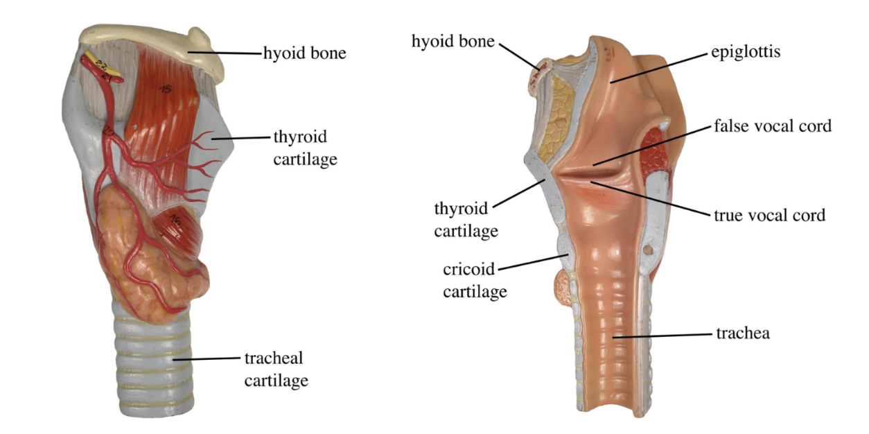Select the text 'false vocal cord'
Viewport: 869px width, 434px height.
(772, 126)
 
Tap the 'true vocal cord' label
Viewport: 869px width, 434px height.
(769, 215)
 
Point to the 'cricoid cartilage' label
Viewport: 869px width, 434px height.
(475, 280)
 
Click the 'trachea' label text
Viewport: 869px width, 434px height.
(742, 333)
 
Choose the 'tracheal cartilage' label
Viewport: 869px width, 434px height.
(276, 369)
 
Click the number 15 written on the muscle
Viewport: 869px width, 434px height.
(165, 89)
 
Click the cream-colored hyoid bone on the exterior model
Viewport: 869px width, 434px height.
(152, 44)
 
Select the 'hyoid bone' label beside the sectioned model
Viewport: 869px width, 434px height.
(453, 42)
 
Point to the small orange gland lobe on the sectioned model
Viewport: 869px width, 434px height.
(563, 286)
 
